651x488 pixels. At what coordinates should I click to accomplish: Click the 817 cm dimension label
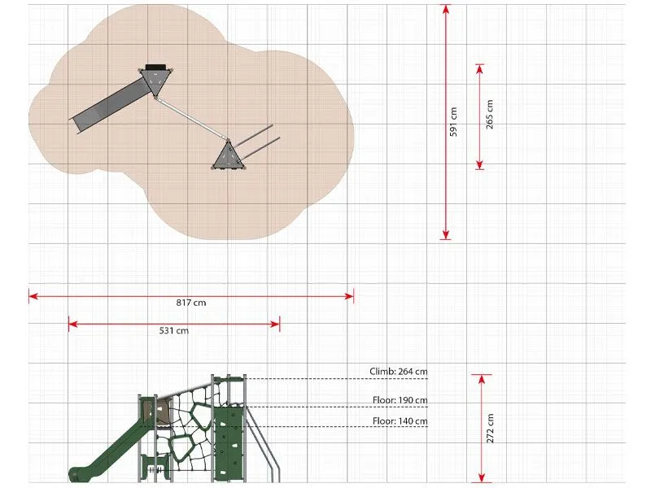(x=191, y=303)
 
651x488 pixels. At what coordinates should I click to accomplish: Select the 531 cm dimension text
(x=173, y=331)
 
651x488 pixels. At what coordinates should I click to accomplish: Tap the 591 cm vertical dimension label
(x=453, y=121)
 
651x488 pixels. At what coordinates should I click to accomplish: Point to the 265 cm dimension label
(x=490, y=114)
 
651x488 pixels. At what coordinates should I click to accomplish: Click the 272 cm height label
(x=490, y=429)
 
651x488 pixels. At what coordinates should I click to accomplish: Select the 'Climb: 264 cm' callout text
(x=398, y=372)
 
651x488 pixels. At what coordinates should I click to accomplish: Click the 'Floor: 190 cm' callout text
(x=400, y=400)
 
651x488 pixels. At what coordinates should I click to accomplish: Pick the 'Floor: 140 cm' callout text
(x=400, y=421)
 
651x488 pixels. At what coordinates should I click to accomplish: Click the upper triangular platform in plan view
(x=156, y=81)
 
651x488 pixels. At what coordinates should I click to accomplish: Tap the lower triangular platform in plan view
(x=229, y=156)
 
